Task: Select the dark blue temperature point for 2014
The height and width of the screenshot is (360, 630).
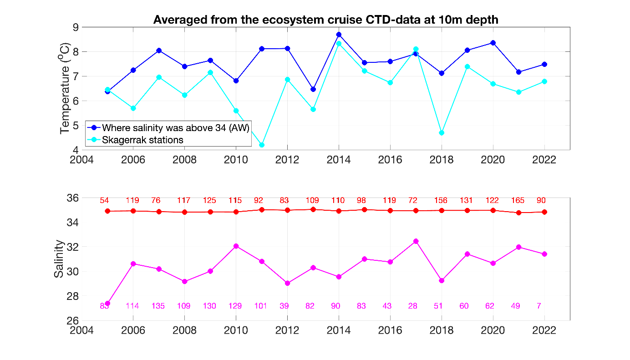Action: pyautogui.click(x=339, y=35)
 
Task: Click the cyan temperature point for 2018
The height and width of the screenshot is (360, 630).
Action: pyautogui.click(x=442, y=133)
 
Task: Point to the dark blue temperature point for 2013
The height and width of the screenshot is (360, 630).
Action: pyautogui.click(x=313, y=89)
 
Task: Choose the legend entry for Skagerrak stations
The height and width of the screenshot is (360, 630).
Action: pyautogui.click(x=142, y=140)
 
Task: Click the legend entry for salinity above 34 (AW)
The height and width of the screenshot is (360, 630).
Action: pyautogui.click(x=175, y=127)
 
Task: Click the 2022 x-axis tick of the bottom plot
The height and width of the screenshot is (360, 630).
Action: pyautogui.click(x=544, y=330)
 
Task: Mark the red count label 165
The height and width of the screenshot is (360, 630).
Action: pyautogui.click(x=518, y=200)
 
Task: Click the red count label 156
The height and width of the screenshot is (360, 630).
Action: pyautogui.click(x=441, y=200)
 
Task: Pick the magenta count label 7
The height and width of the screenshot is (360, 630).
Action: pyautogui.click(x=539, y=306)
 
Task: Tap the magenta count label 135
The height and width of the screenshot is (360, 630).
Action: pyautogui.click(x=159, y=306)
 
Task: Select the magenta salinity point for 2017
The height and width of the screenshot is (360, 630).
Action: pyautogui.click(x=416, y=241)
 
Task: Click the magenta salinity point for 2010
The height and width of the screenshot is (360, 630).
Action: pyautogui.click(x=236, y=246)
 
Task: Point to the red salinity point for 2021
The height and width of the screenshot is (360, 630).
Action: pyautogui.click(x=518, y=213)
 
